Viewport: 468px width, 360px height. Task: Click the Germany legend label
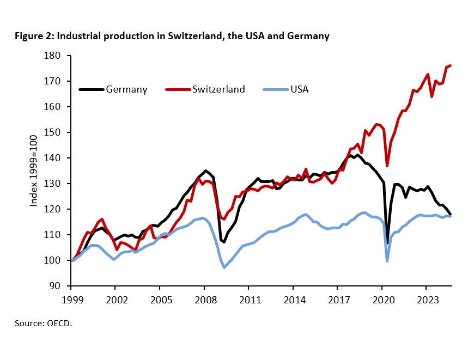click(x=126, y=89)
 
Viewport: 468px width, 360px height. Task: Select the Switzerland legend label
click(x=218, y=89)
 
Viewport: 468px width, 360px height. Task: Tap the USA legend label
click(x=299, y=89)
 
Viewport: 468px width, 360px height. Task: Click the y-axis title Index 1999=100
click(x=34, y=170)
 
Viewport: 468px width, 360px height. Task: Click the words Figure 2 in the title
click(x=34, y=36)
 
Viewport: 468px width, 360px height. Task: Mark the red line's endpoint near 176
click(x=451, y=65)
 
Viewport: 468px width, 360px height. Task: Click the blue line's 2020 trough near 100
click(x=387, y=261)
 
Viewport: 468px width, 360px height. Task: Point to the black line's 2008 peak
click(x=205, y=170)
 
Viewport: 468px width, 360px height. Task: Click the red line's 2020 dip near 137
click(x=387, y=166)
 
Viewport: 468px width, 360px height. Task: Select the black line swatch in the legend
click(x=91, y=89)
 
